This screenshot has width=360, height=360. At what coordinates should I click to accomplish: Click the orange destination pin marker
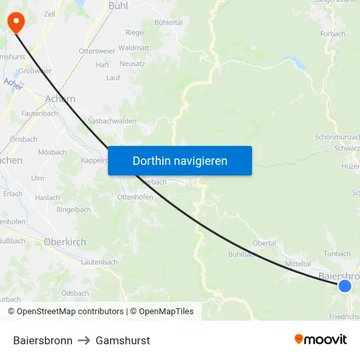(15, 22)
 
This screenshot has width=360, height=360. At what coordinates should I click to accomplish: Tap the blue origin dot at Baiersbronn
(345, 285)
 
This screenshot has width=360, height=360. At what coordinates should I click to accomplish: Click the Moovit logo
(321, 340)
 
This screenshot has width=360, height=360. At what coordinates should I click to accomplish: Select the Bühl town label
(118, 5)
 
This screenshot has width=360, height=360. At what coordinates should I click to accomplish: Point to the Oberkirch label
(65, 242)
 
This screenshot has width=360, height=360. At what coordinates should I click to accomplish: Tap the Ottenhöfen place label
(135, 197)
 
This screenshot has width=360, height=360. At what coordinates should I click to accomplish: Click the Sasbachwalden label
(112, 121)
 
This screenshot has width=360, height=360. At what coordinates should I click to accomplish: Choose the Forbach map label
(333, 35)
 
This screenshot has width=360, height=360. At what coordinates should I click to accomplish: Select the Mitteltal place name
(298, 263)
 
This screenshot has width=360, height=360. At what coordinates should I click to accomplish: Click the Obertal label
(264, 243)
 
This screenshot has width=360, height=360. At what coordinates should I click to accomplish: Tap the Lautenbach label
(99, 262)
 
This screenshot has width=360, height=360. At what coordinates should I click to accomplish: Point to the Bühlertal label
(169, 22)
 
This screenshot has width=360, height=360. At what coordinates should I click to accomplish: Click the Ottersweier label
(96, 51)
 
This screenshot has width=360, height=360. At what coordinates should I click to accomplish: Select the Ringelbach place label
(74, 210)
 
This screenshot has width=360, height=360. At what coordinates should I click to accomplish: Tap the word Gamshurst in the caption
(122, 340)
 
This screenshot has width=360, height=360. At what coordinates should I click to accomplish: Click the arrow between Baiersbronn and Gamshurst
(84, 340)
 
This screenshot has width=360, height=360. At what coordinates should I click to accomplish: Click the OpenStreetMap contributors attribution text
(65, 312)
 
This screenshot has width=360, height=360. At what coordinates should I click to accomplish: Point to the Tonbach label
(337, 254)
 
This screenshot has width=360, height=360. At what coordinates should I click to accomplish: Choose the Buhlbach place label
(242, 254)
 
